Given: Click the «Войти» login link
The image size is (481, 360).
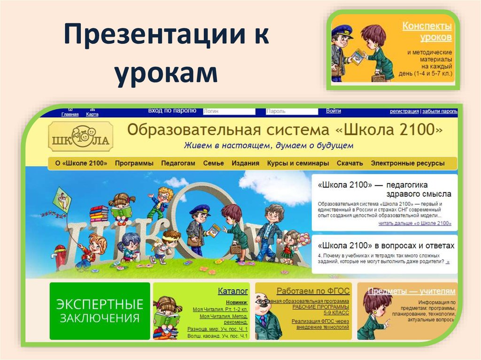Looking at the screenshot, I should tap(333, 111).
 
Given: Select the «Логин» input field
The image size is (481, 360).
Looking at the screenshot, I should tap(229, 112).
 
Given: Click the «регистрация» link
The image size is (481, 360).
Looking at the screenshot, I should tap(404, 112).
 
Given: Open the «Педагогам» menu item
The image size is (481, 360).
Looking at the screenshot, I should tap(178, 163).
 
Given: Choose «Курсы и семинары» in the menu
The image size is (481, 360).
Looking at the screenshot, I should tap(298, 163).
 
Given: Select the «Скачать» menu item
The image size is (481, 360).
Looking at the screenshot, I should tap(349, 163).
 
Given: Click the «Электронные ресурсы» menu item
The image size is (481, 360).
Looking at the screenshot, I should tap(407, 163).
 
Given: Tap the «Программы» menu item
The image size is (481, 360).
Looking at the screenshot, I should tap(134, 163).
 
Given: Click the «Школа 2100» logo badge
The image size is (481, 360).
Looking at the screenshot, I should tap(80, 137).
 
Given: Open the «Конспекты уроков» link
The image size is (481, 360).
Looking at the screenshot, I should tap(427, 31).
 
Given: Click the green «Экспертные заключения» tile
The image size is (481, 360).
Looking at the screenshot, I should tap(100, 311).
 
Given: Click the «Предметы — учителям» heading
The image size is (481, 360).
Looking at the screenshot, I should tap(411, 291).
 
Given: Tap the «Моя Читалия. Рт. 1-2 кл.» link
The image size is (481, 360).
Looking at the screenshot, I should tap(220, 309).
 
